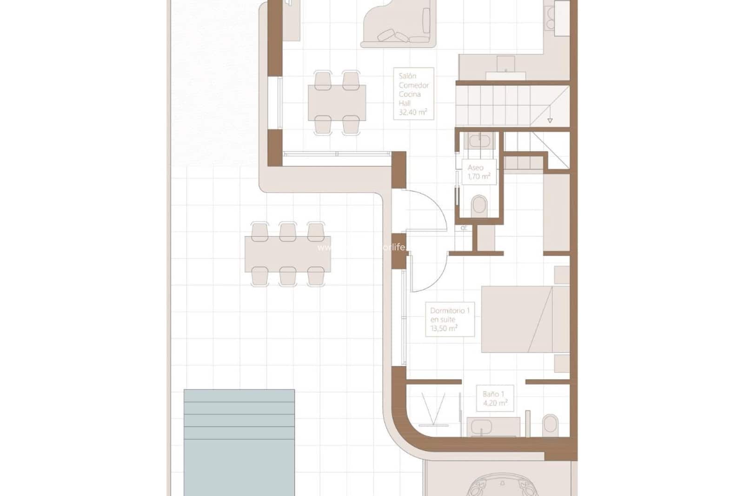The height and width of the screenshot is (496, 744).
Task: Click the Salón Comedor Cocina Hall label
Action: (413, 94)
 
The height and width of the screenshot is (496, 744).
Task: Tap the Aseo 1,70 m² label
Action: (478, 172)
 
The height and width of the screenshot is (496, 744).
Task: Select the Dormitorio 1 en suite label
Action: (449, 319)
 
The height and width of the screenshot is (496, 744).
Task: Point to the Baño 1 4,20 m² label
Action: (495, 398)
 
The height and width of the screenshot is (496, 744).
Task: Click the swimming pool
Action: (239, 442)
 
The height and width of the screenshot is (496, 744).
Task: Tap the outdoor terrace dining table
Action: (287, 254)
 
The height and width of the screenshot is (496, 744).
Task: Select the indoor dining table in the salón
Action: (337, 102)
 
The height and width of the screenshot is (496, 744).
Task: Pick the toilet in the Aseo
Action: (479, 206)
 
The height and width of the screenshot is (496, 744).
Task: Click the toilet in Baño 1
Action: (550, 424)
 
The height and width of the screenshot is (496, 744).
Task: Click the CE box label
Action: (464, 228)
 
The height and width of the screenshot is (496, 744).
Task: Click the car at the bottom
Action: (502, 486)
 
